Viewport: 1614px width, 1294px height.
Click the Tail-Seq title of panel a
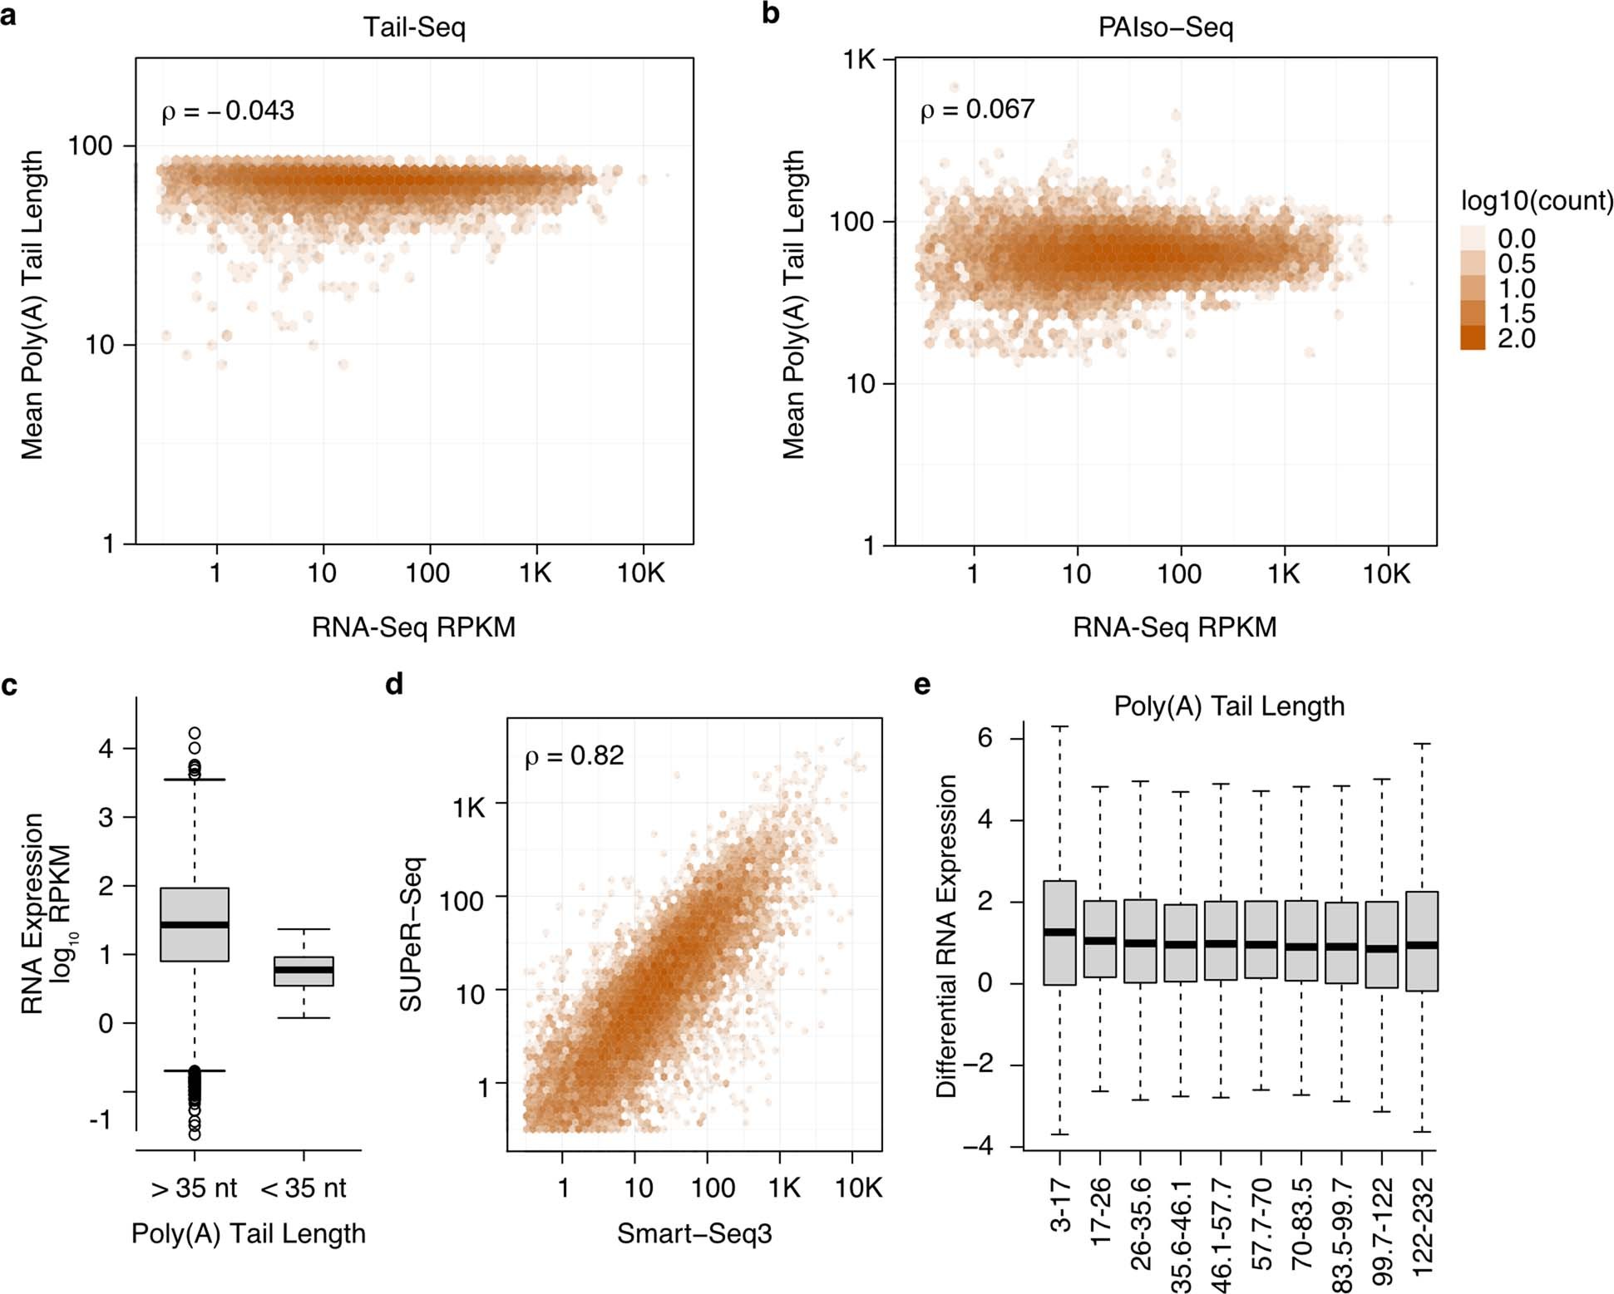[414, 27]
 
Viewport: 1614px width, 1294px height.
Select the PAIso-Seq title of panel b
[1165, 27]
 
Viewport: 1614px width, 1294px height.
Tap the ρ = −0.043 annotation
[228, 111]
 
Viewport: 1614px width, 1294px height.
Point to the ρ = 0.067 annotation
[977, 109]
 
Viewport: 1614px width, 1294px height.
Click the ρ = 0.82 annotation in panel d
[574, 755]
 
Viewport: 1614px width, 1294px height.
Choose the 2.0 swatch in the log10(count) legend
[1473, 337]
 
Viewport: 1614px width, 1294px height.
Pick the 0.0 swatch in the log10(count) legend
[1473, 239]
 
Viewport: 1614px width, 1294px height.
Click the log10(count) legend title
[1537, 200]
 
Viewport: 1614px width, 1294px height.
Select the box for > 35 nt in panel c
[195, 924]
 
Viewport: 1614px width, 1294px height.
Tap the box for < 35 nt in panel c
[304, 971]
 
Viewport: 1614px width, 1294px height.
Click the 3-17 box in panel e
[1059, 932]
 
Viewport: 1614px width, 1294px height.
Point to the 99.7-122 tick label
[1381, 1231]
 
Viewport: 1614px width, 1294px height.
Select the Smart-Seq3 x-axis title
[694, 1233]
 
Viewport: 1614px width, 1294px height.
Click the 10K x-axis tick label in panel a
[640, 573]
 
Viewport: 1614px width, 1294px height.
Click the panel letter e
[921, 685]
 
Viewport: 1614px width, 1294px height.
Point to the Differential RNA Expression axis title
[946, 936]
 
